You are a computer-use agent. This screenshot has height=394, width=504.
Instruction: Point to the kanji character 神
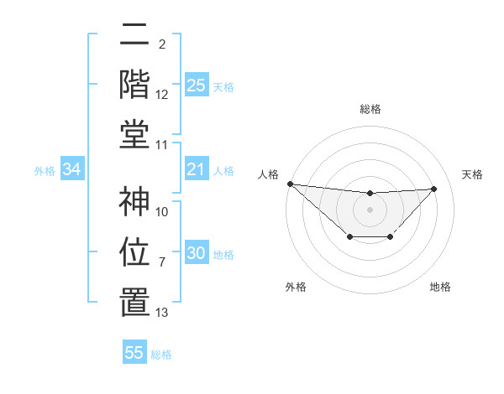click(134, 201)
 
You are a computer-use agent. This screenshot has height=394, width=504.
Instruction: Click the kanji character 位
click(134, 251)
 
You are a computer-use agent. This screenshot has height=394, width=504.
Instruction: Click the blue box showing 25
click(197, 86)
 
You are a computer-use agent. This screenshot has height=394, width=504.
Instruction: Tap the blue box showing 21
click(197, 170)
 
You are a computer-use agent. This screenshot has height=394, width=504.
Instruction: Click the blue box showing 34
click(72, 170)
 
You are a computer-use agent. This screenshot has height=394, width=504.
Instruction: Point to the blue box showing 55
click(134, 353)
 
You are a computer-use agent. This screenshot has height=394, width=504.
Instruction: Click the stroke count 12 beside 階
click(162, 96)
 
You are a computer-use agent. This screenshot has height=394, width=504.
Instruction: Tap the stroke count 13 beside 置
click(162, 313)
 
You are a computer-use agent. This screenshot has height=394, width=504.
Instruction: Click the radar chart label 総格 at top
click(370, 109)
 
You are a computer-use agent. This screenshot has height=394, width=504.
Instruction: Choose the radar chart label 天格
click(473, 174)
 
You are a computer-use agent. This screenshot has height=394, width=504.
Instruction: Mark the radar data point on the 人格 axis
click(290, 184)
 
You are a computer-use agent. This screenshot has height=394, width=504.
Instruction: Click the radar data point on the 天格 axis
click(434, 189)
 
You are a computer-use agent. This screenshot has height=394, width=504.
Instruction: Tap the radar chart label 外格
click(296, 287)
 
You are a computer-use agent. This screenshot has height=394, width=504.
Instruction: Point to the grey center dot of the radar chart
click(370, 210)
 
